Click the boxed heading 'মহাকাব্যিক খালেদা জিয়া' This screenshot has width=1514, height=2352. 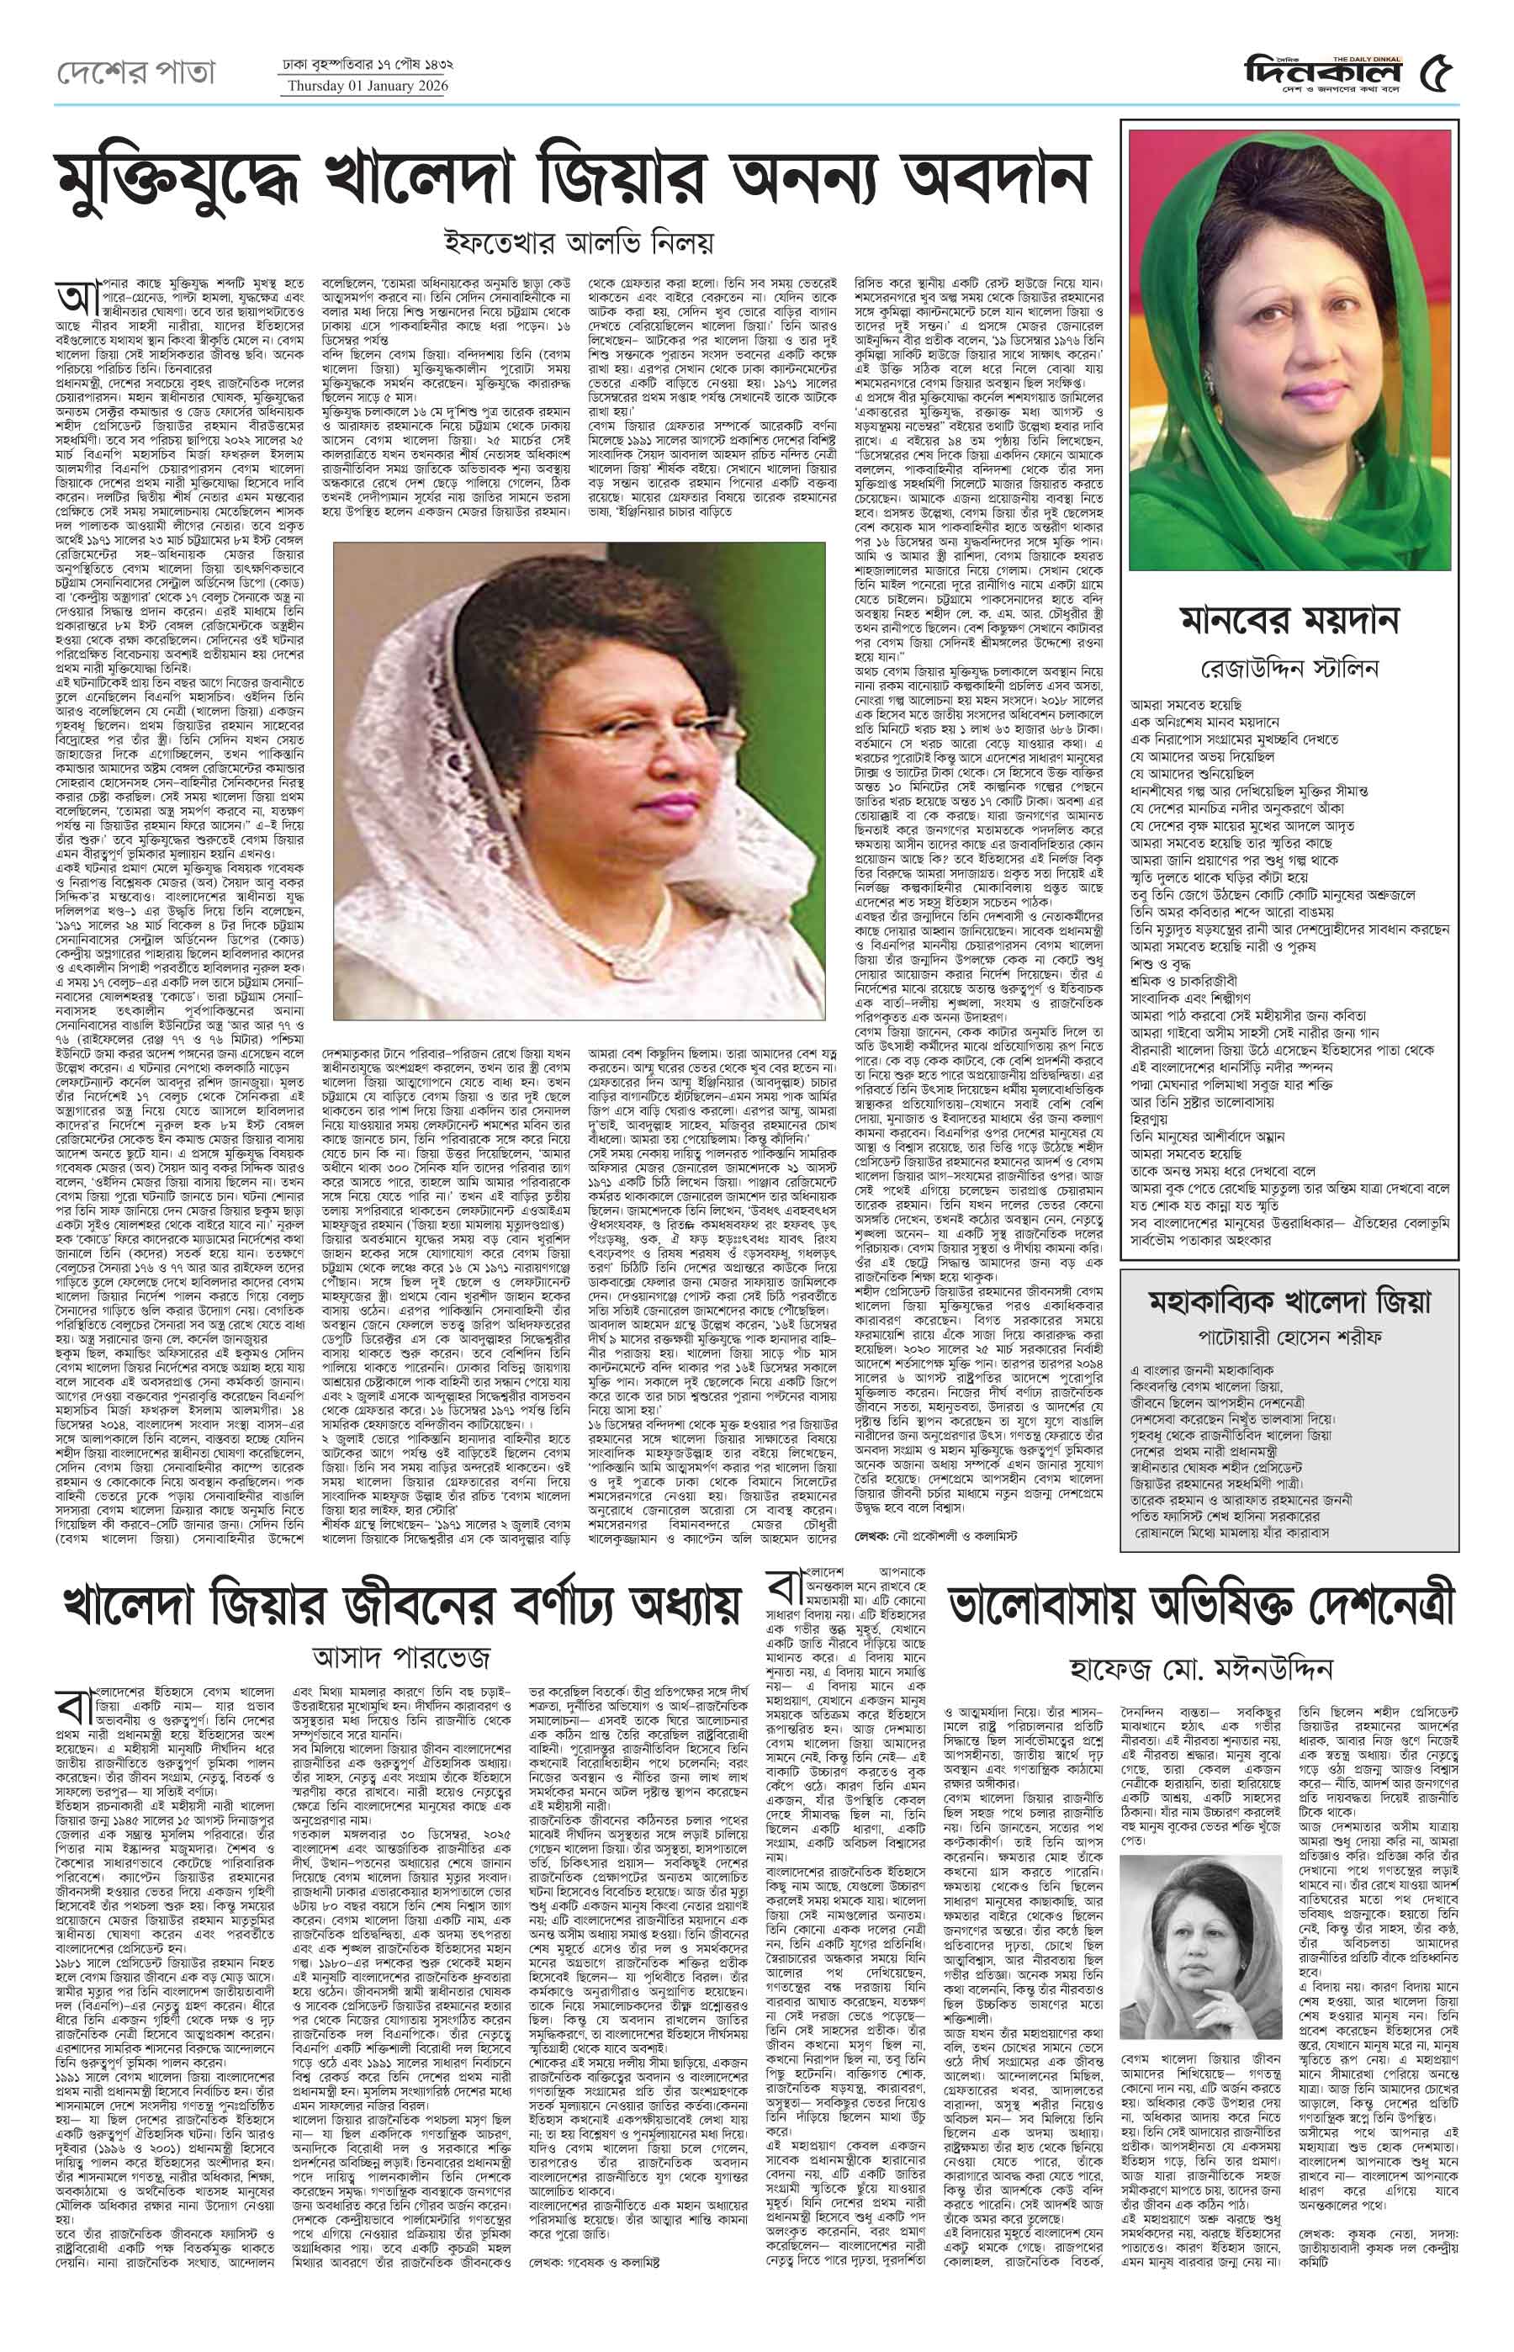point(1289,1300)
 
